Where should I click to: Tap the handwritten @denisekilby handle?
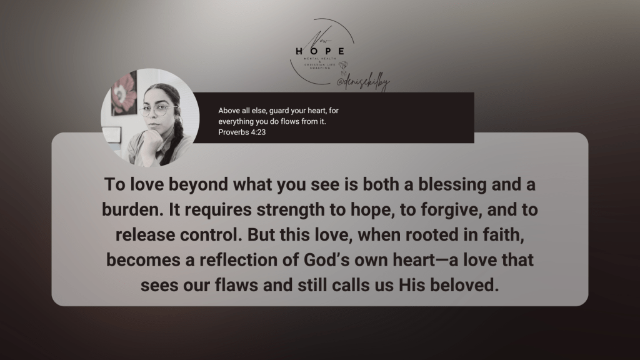coord(362,82)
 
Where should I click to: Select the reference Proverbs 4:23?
coord(242,133)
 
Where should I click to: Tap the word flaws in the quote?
coord(242,286)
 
